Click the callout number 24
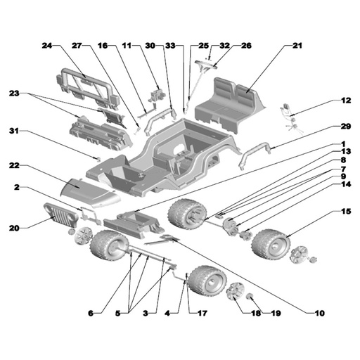tap(47, 46)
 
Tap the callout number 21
tap(297, 46)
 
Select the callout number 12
tap(346, 101)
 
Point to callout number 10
tap(320, 313)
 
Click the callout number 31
tap(14, 131)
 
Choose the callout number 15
tap(346, 212)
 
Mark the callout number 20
tap(14, 228)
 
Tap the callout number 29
tap(346, 127)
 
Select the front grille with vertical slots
tap(61, 215)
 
